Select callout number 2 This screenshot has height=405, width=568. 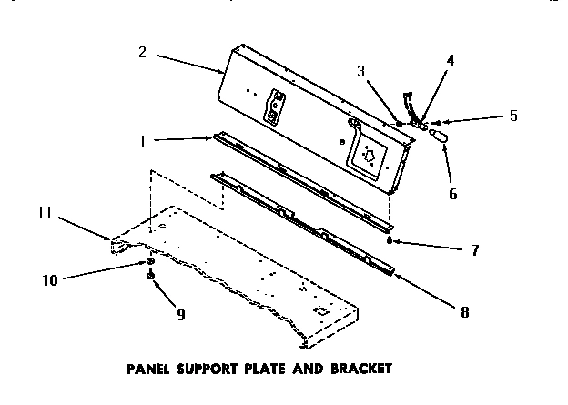pos(142,53)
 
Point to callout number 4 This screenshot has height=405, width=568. pos(451,62)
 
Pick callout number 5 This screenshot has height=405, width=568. pos(512,116)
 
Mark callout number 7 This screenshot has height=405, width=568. pos(474,249)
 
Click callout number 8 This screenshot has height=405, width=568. pos(464,310)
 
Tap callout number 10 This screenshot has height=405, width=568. pos(51,280)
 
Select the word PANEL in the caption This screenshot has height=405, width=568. pos(148,370)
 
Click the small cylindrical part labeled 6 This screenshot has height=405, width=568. pos(441,136)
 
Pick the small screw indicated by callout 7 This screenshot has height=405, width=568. pos(390,242)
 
